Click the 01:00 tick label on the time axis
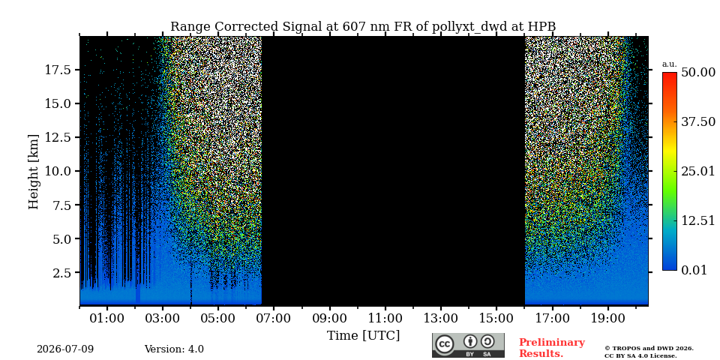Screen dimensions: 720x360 (x=107, y=318)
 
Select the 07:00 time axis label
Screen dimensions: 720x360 (x=274, y=318)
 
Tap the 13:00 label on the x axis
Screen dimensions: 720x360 (x=441, y=318)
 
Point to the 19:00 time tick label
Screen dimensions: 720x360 (x=607, y=318)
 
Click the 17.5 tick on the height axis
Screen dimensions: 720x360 (x=58, y=70)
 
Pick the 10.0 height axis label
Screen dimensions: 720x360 (x=58, y=171)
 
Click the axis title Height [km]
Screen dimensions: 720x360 (x=34, y=171)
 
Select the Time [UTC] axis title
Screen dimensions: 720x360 (x=363, y=336)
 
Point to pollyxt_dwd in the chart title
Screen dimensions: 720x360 (x=470, y=28)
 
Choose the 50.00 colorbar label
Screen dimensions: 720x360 (x=698, y=73)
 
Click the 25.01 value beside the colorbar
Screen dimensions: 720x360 (x=698, y=172)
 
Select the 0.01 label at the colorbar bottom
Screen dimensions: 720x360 (x=694, y=270)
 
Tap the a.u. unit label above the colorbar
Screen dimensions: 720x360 (x=670, y=64)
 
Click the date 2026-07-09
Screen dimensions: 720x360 (x=65, y=349)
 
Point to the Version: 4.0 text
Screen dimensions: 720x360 (x=174, y=349)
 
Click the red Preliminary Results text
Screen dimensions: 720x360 (x=552, y=348)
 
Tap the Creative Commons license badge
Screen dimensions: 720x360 (x=468, y=345)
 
